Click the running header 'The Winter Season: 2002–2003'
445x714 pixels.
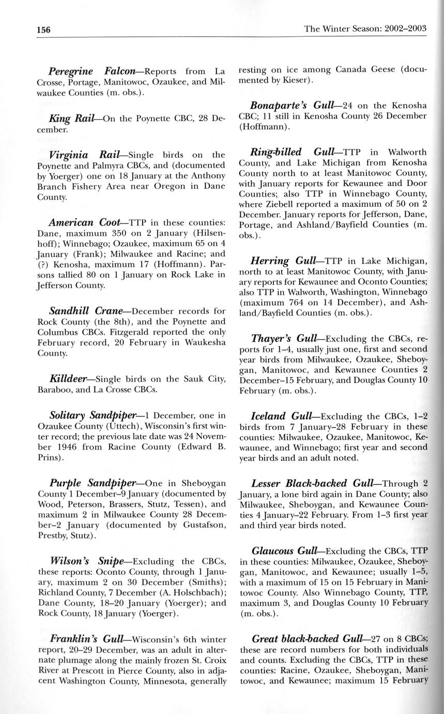pos(365,28)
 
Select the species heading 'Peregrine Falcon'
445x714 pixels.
pos(92,70)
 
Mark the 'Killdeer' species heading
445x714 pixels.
pos(68,379)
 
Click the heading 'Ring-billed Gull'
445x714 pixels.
pos(293,152)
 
